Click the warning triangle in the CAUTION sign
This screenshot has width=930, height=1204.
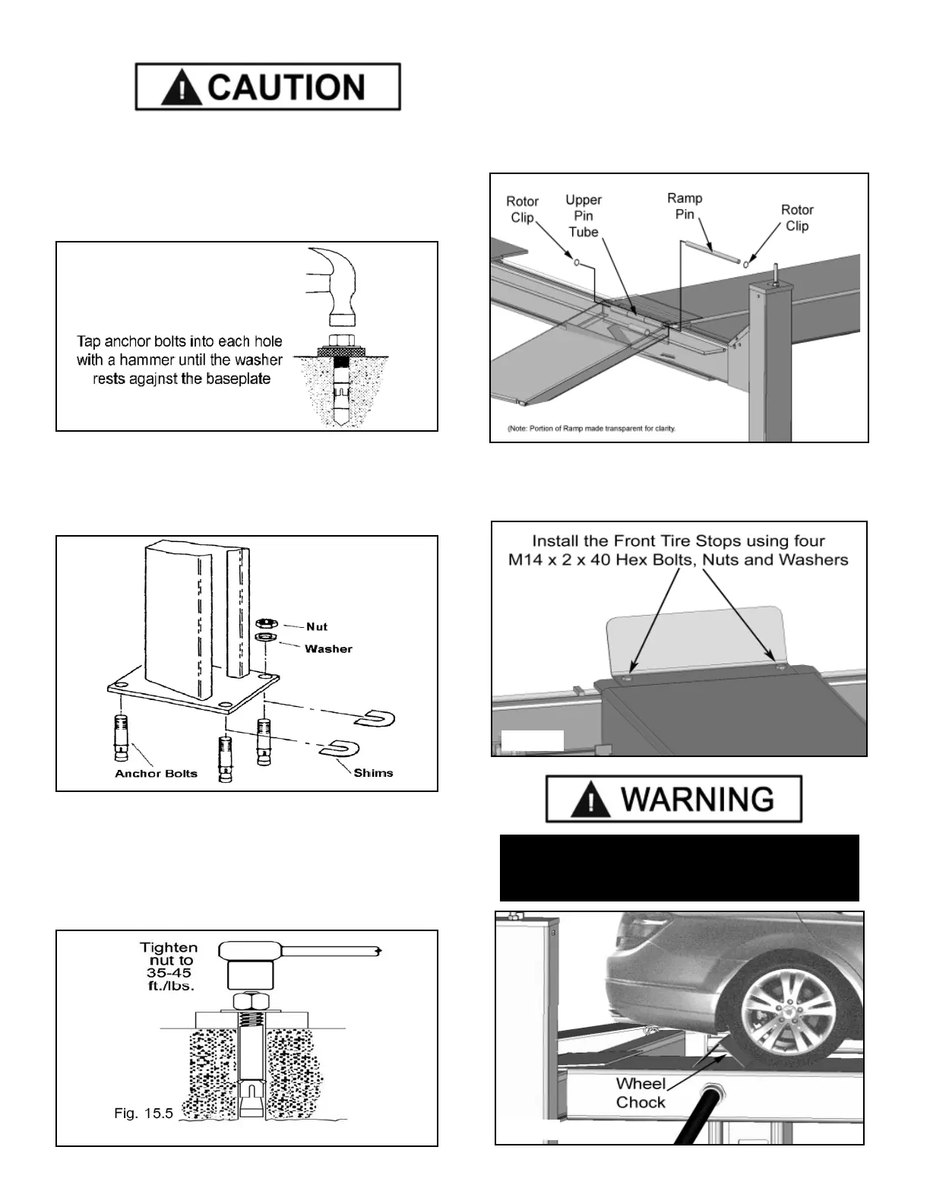point(181,88)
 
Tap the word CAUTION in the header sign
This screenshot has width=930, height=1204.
point(286,88)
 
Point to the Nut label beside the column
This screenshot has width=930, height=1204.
point(316,627)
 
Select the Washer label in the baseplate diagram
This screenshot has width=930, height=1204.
point(328,649)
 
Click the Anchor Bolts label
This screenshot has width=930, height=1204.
point(156,774)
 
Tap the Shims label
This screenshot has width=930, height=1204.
point(373,773)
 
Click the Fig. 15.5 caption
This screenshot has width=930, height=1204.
point(144,1114)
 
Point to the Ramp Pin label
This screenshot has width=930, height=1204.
point(685,206)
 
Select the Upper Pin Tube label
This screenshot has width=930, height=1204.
point(584,216)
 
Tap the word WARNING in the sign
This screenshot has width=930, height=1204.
point(697,800)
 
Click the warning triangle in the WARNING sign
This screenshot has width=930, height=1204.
point(585,800)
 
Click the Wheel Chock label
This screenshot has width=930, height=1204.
point(641,1093)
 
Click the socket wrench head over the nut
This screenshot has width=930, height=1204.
point(248,950)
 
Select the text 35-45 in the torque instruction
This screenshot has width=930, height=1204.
point(169,974)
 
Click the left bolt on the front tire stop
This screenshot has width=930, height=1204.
point(628,675)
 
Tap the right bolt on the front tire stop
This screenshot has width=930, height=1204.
point(781,667)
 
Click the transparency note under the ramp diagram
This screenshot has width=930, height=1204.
point(591,429)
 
